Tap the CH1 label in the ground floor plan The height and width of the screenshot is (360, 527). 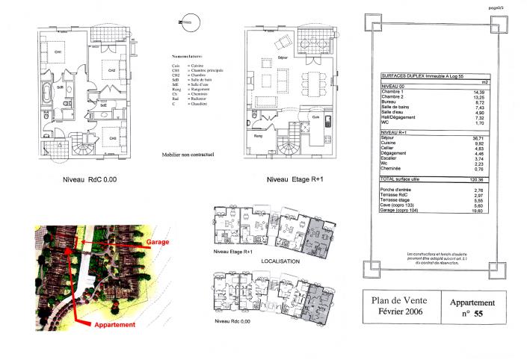57,52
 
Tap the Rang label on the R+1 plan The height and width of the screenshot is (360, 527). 258,137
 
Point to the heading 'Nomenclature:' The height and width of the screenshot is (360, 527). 188,55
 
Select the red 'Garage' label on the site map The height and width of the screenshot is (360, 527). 158,243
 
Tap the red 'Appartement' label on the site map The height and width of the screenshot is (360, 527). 113,325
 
